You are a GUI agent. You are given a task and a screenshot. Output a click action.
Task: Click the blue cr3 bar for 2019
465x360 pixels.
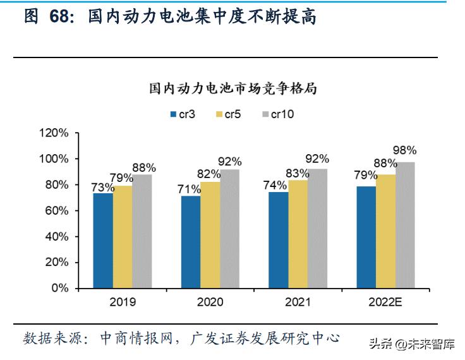coord(103,241)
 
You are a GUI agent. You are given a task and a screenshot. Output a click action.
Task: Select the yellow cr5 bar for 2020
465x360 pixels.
coord(211,234)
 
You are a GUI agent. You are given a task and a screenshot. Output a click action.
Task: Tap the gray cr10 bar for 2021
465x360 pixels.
coord(318,228)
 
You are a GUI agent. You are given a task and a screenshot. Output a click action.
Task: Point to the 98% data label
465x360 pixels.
coord(404,150)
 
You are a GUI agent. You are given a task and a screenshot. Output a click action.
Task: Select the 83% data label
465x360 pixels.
coord(297,172)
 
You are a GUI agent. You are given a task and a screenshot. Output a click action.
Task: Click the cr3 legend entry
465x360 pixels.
coord(182,114)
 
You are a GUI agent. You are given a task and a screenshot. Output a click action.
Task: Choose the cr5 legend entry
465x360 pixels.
coord(228,114)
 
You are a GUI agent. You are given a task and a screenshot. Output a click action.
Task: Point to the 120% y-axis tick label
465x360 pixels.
coord(53,133)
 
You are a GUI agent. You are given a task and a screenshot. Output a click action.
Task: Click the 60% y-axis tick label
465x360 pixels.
coord(56,210)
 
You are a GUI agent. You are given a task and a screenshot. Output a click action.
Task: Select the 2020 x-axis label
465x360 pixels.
coord(210,303)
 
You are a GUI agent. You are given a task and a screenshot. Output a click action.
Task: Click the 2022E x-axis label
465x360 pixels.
coord(386,303)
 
